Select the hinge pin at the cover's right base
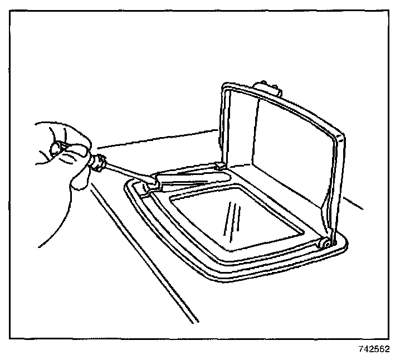coord(323,243)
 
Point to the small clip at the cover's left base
coord(219,165)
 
